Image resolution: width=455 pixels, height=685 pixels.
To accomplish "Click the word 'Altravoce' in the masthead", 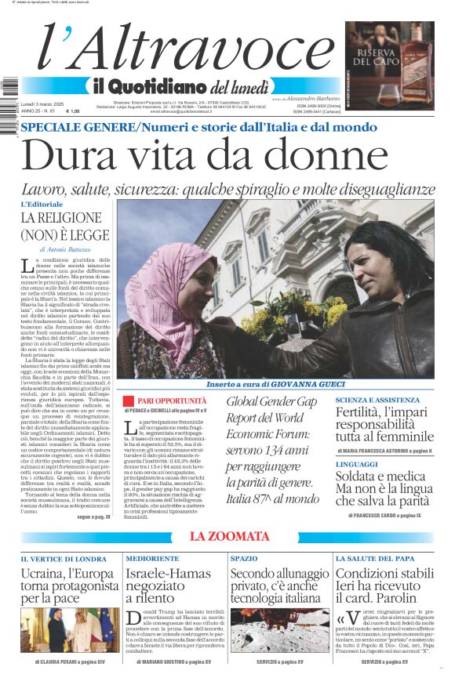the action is pyautogui.click(x=203, y=49).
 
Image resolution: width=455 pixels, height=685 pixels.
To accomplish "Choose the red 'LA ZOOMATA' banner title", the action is pyautogui.click(x=227, y=536).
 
